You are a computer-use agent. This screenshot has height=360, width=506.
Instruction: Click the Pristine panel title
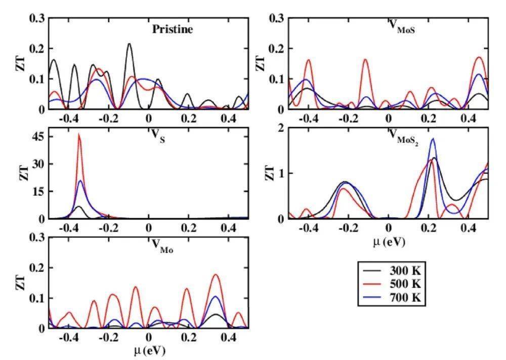173,29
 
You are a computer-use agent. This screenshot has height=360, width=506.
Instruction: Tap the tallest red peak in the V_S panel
78,134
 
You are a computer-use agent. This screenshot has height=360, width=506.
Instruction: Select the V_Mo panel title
163,246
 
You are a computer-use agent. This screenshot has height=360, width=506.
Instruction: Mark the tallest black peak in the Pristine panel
130,44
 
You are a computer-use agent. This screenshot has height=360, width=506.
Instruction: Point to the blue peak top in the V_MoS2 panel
433,138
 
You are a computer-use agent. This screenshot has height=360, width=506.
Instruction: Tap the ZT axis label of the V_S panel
22,173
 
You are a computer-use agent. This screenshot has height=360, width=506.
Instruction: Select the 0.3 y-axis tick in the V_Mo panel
36,237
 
